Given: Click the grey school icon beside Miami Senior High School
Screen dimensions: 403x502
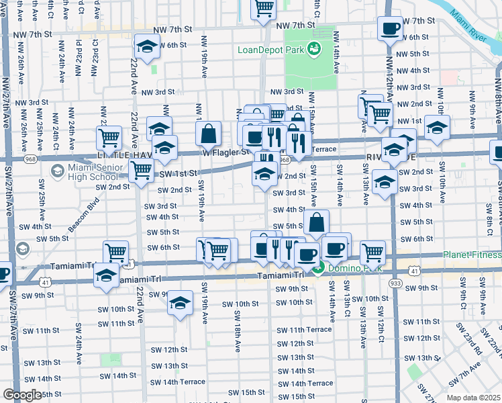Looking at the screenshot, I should click(57, 171).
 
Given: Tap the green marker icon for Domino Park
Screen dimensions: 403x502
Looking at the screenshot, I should click(319, 269).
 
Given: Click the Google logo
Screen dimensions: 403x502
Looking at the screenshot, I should click(22, 395).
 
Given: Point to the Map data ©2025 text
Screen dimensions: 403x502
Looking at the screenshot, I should click(473, 398).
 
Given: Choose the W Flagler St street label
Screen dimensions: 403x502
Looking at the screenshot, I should click(230, 152).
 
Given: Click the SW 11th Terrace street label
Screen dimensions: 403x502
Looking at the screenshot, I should click(310, 330).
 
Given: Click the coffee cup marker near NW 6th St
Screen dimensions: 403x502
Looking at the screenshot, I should click(390, 28).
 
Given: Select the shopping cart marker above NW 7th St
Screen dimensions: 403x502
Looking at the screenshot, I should click(264, 8).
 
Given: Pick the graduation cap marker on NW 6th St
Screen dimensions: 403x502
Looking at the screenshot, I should click(146, 46).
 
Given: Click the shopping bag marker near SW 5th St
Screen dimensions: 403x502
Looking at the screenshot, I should click(316, 221).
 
